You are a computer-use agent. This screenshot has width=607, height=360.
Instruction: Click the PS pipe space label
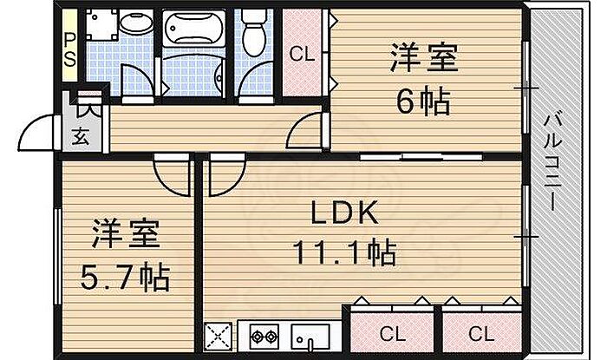click(69, 49)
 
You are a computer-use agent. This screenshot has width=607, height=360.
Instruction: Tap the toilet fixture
click(254, 32)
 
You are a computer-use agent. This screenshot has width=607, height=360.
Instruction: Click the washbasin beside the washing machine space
click(136, 22)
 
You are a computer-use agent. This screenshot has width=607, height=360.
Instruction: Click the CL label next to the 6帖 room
click(302, 54)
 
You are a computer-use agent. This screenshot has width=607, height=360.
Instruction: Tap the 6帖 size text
click(423, 101)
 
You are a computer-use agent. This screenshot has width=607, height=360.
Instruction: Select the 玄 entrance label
click(81, 136)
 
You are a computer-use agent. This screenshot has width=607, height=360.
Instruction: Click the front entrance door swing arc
click(36, 133)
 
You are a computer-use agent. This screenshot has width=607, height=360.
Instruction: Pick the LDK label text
click(344, 213)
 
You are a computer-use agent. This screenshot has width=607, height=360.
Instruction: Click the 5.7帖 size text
click(125, 277)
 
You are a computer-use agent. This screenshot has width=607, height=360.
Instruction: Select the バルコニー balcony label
click(552, 162)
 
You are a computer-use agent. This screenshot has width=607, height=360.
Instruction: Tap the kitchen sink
click(310, 337)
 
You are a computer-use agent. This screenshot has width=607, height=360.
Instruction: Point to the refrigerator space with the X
click(218, 337)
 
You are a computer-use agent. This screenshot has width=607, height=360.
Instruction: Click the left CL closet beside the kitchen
click(392, 333)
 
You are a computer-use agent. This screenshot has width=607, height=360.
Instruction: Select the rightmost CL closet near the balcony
click(481, 333)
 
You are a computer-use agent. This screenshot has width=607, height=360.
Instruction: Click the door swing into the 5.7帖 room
click(173, 175)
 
